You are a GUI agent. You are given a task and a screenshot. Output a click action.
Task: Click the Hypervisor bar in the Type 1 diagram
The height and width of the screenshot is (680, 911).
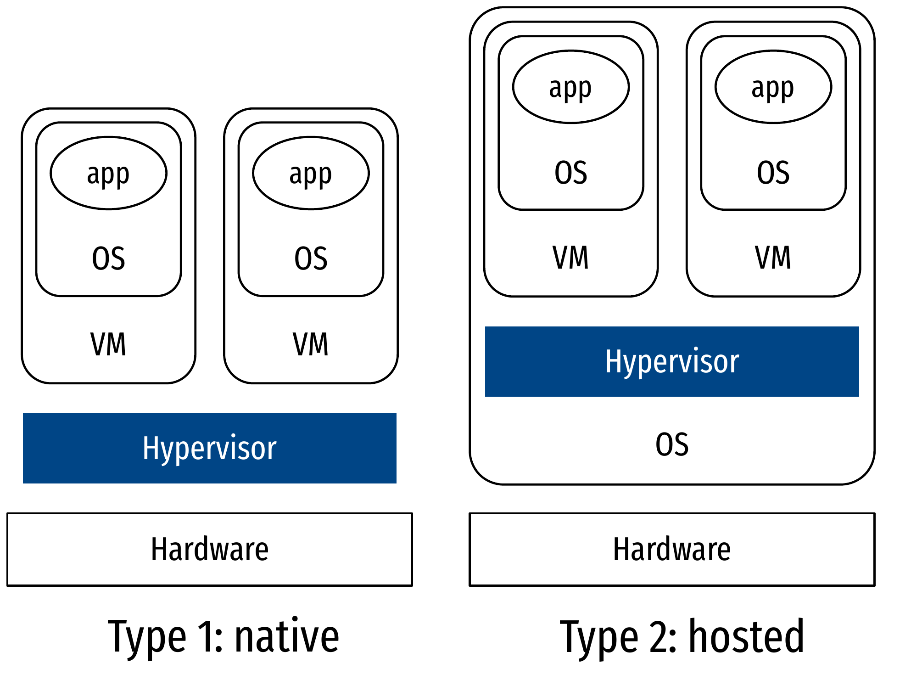pos(209,448)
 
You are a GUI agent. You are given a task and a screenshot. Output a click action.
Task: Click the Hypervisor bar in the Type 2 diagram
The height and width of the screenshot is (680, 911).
pos(671,361)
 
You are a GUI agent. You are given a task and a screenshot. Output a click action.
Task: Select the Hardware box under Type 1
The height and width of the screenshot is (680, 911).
pos(209,549)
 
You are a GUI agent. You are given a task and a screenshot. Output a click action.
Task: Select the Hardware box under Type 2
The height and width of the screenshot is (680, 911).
pos(671,549)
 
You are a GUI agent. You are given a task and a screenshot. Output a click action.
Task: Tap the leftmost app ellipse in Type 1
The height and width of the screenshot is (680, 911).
pos(108,173)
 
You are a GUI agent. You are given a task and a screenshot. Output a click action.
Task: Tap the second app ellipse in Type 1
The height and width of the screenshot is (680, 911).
pos(311,173)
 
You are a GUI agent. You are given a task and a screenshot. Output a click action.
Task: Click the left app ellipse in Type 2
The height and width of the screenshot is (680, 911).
pos(570,87)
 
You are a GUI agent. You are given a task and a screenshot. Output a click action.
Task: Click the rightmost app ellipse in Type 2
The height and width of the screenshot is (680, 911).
pos(773,87)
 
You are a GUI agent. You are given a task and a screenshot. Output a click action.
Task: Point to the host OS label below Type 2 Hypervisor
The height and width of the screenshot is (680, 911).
pos(672,444)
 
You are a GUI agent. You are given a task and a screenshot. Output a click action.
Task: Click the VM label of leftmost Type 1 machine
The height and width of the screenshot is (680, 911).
pos(108,344)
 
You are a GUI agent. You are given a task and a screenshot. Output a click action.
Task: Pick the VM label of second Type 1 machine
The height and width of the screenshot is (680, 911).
pos(311,344)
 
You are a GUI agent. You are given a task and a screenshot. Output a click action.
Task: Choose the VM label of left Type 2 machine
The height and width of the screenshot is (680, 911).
pos(570,257)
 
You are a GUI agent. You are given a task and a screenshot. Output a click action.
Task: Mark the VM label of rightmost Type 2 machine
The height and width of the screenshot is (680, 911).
pos(773,257)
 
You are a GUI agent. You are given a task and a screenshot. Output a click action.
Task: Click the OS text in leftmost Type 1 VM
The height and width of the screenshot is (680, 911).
pos(108,258)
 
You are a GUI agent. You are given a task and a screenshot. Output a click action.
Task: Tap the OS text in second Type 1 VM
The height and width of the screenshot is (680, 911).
pos(311,258)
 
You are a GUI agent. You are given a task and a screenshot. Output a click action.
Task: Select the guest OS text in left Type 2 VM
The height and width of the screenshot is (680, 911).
pos(570,173)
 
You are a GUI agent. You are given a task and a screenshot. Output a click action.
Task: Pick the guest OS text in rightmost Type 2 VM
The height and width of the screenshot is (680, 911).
pos(773,173)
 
